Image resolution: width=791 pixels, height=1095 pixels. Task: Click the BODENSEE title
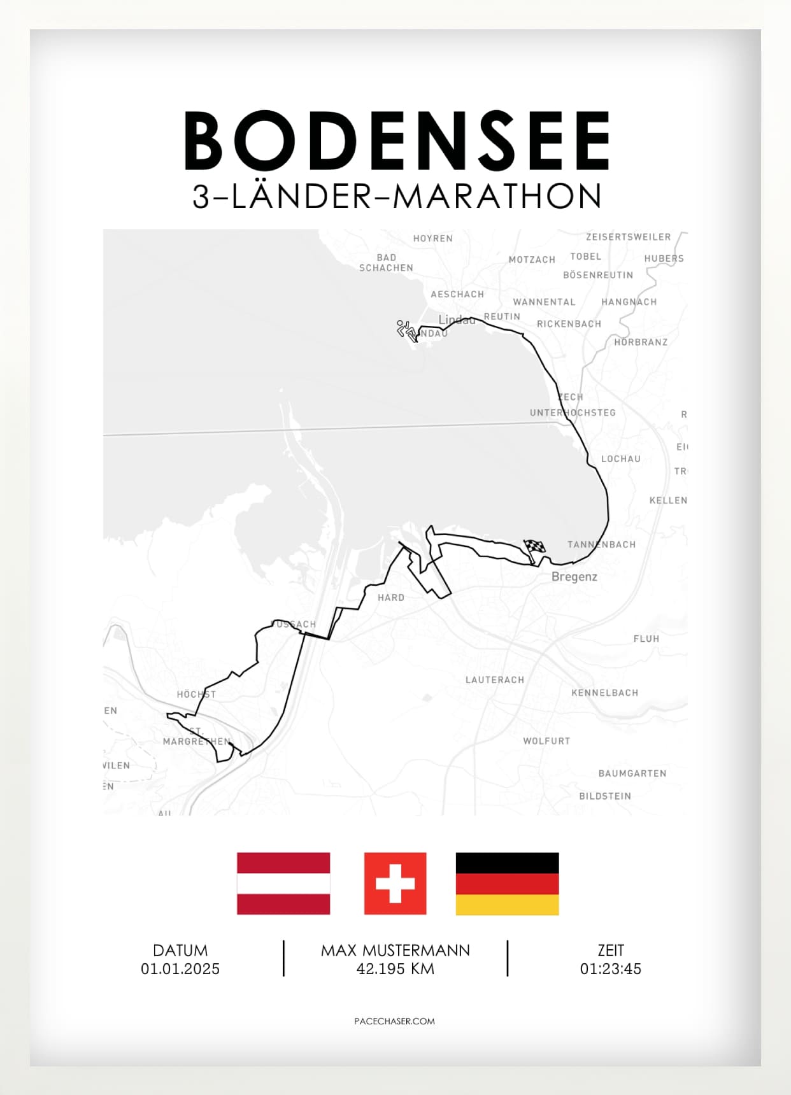pyautogui.click(x=397, y=141)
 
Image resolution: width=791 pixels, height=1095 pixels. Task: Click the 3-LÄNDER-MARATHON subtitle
pyautogui.click(x=397, y=197)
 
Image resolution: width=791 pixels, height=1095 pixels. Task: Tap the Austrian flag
pyautogui.click(x=283, y=883)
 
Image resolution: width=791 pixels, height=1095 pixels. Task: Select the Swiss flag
pyautogui.click(x=395, y=883)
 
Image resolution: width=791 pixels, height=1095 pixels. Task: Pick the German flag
pyautogui.click(x=507, y=883)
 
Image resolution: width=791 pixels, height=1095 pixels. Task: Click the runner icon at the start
pyautogui.click(x=406, y=330)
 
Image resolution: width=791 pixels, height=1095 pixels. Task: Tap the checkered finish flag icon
pyautogui.click(x=534, y=547)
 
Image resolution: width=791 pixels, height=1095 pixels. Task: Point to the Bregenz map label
pyautogui.click(x=574, y=577)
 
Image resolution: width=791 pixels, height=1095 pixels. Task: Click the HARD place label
pyautogui.click(x=390, y=598)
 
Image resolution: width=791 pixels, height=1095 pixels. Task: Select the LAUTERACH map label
pyautogui.click(x=495, y=680)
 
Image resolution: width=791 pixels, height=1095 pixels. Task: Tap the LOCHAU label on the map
pyautogui.click(x=620, y=459)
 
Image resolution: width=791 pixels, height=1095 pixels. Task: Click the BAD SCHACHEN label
pyautogui.click(x=386, y=263)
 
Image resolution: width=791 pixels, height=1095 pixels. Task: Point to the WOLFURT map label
pyautogui.click(x=546, y=741)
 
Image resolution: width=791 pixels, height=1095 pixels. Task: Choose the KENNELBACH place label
pyautogui.click(x=604, y=693)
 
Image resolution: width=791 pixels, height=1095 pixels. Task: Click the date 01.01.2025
pyautogui.click(x=180, y=969)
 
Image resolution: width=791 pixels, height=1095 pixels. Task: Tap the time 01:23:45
pyautogui.click(x=610, y=969)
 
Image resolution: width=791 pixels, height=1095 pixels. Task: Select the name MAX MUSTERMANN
pyautogui.click(x=395, y=950)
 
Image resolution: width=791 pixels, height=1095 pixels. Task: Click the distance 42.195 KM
pyautogui.click(x=395, y=969)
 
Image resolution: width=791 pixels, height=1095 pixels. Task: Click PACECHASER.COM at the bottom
pyautogui.click(x=394, y=1021)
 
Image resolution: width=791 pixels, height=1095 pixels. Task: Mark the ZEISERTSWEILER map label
pyautogui.click(x=628, y=237)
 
